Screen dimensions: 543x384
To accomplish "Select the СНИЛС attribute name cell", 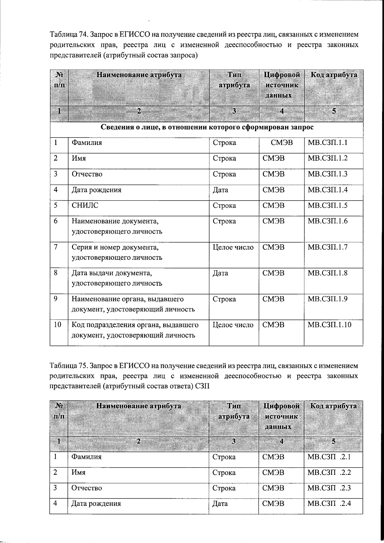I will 85,205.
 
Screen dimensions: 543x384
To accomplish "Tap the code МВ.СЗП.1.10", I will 329,325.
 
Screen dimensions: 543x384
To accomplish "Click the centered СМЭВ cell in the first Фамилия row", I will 282,143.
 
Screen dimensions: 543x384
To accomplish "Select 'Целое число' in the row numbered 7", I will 233,247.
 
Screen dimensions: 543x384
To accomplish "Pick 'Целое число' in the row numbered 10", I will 233,325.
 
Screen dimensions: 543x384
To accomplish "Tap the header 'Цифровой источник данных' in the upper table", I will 282,85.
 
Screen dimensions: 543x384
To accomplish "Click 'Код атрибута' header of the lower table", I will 333,406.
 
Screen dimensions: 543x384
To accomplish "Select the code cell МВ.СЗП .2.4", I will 329,503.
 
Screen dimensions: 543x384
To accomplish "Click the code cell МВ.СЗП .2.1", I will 329,457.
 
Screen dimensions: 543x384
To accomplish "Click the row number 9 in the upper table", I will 56,299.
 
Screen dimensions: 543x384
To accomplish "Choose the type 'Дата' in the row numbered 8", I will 220,273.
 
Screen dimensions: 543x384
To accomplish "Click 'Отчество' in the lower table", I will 86,488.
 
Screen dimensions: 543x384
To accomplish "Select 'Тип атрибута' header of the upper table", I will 234,80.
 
